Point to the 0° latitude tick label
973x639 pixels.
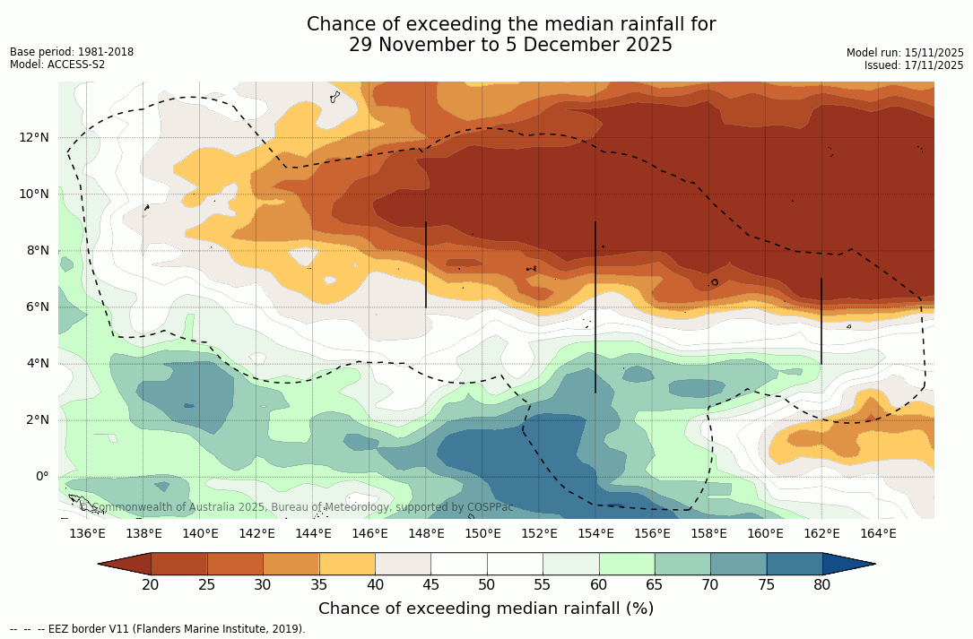pos(41,476)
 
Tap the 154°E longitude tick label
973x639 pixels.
pos(595,533)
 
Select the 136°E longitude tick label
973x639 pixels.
pos(87,533)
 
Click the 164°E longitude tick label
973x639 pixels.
pos(878,533)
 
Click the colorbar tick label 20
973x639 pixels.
pos(151,585)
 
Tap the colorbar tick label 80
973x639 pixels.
pos(822,585)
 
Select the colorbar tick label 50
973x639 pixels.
pos(486,585)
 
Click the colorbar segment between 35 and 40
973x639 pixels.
pos(347,564)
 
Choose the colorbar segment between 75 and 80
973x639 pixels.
pos(795,564)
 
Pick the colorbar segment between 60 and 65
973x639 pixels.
pos(627,564)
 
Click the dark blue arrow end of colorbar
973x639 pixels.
pos(847,564)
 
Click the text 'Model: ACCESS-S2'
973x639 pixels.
pos(57,65)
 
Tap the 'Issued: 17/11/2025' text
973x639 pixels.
pos(914,65)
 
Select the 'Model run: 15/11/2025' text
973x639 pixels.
pos(905,53)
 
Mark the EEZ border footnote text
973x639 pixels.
pos(157,629)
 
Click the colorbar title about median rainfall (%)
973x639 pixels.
pos(486,609)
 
